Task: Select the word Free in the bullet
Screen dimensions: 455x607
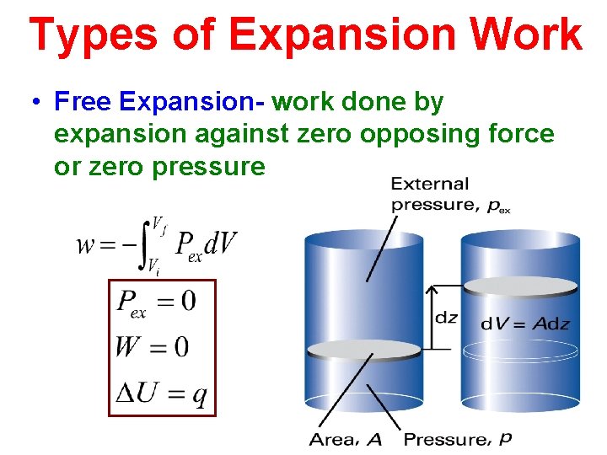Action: click(x=83, y=103)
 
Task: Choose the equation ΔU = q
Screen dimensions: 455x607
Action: click(x=161, y=393)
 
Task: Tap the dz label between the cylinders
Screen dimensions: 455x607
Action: click(x=447, y=318)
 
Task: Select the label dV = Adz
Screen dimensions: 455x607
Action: click(x=525, y=323)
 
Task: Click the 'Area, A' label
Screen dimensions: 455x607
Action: click(x=346, y=439)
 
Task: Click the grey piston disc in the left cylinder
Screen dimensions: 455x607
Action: click(x=364, y=350)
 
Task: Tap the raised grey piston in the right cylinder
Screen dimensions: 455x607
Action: click(x=520, y=286)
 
